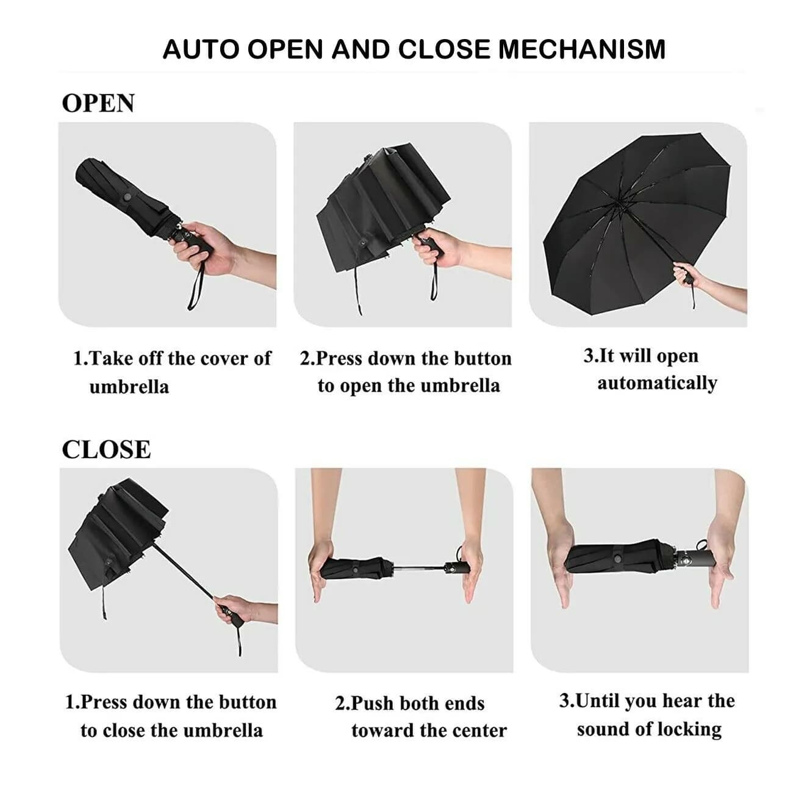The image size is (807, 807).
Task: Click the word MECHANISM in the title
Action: click(x=582, y=49)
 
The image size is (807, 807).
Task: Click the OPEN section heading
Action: click(x=98, y=103)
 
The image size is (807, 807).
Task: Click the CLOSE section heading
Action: click(x=106, y=450)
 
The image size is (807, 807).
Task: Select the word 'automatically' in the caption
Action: click(x=657, y=383)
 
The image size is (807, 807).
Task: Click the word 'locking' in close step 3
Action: click(x=692, y=730)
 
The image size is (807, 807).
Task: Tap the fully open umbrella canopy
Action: click(x=634, y=207)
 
